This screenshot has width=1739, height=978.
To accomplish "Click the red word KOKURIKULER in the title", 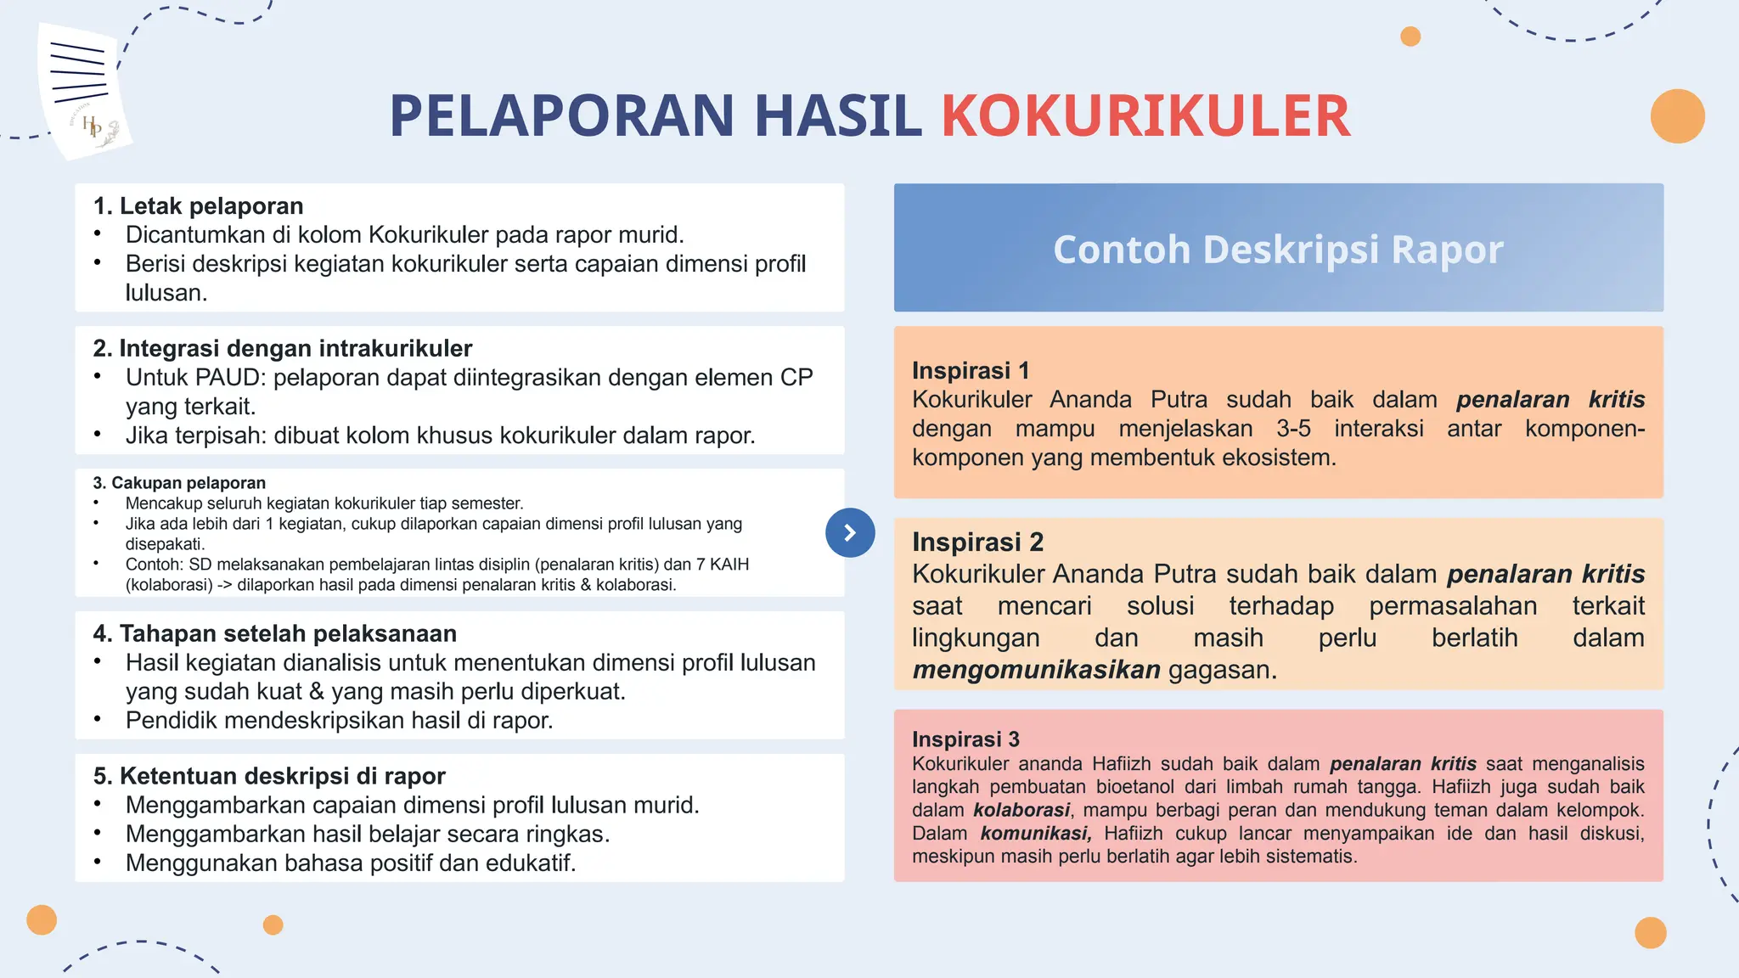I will tap(1145, 116).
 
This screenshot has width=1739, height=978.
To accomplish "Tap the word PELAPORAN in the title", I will tap(561, 116).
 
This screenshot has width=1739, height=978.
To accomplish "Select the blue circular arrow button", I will tap(850, 532).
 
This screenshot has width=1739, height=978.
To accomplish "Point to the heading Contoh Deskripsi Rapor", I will tap(1278, 250).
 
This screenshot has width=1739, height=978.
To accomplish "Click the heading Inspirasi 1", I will tap(971, 370).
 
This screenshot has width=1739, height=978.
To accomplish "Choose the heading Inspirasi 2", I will tap(977, 542).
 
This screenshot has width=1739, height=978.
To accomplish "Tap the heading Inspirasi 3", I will tap(965, 739).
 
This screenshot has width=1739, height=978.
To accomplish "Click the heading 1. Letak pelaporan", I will tap(198, 206).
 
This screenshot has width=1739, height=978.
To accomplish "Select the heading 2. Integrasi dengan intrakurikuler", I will tap(282, 348).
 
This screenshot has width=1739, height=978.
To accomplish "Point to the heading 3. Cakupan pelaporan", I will tap(179, 483).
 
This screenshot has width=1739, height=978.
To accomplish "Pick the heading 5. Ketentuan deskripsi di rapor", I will tap(268, 776).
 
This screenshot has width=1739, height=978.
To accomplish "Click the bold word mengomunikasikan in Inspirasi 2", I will tap(1036, 670).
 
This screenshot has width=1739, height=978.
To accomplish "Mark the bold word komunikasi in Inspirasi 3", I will tap(1035, 833).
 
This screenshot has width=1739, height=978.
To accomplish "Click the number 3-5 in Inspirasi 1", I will tap(1293, 429).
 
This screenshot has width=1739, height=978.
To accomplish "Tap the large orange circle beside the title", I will tap(1677, 116).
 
